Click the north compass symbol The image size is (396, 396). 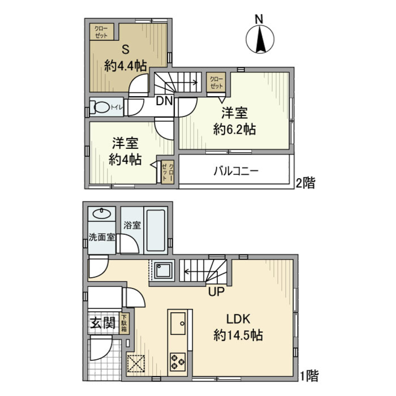coord(260,38)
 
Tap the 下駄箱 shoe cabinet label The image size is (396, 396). coord(124,324)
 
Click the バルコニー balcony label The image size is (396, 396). coord(236,171)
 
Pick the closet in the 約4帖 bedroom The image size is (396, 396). coord(167,171)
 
